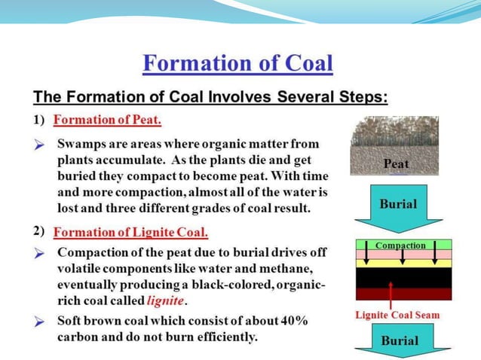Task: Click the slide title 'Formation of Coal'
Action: [x=237, y=63]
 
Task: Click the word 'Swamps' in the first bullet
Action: [x=80, y=143]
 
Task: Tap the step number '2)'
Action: [x=39, y=231]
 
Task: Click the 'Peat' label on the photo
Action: [x=396, y=163]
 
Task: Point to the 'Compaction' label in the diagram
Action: [x=400, y=245]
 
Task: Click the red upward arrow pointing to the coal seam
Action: [x=391, y=294]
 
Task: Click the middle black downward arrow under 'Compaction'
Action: [x=403, y=257]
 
